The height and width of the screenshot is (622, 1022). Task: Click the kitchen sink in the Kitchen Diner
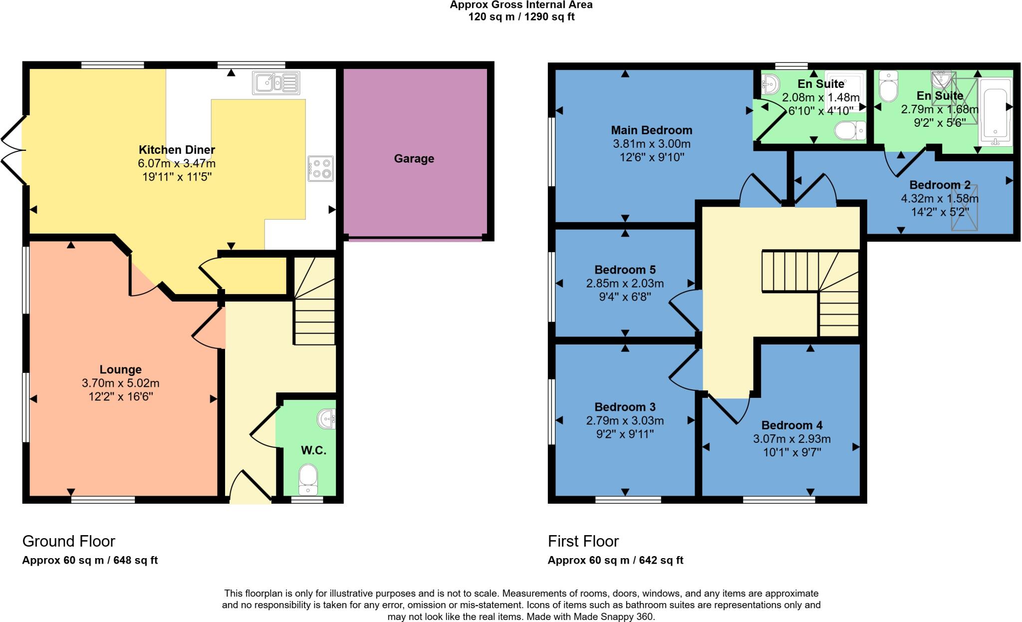click(x=276, y=83)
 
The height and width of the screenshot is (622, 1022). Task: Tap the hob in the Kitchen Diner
click(x=321, y=169)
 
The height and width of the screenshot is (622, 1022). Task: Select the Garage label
click(x=414, y=159)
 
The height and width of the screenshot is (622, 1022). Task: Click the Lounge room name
click(x=120, y=370)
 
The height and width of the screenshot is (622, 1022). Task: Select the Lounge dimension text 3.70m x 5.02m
click(x=120, y=383)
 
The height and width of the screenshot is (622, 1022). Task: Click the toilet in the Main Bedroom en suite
click(x=849, y=131)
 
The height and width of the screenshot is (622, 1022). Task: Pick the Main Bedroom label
click(x=651, y=130)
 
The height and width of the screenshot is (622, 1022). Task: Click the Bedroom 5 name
click(x=625, y=270)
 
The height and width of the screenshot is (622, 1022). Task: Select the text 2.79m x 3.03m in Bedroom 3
click(x=625, y=421)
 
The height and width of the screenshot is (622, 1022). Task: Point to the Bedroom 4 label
click(x=791, y=425)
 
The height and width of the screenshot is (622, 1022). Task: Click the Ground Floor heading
click(x=69, y=541)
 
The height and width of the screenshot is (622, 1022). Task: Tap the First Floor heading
click(x=583, y=541)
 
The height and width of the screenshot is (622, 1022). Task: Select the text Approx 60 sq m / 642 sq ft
click(x=615, y=560)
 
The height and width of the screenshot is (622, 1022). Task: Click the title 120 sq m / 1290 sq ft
click(x=521, y=17)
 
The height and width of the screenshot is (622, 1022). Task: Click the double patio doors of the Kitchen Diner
click(x=12, y=150)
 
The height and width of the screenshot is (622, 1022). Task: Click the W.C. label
click(x=313, y=450)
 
